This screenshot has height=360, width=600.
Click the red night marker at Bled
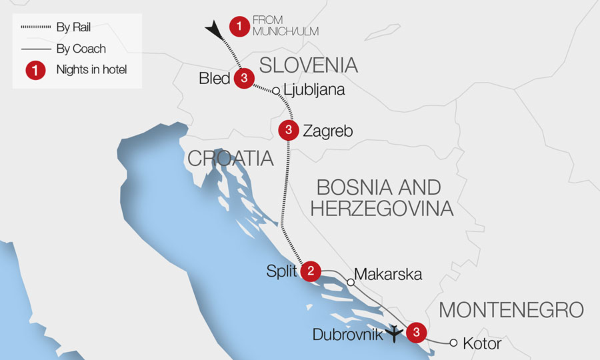pos(244,79)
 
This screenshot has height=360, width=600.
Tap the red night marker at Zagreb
pos(288,130)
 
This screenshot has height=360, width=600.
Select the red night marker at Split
pos(310,271)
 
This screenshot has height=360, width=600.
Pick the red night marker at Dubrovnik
pos(416,331)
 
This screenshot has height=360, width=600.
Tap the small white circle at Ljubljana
pos(275,91)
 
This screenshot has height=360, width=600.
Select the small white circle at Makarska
pos(351,282)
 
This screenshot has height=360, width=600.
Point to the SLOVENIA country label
pos(308,65)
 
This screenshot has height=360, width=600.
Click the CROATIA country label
pos(231,158)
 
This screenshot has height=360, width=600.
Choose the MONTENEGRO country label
pos(511,309)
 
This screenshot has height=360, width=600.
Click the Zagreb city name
pos(327,131)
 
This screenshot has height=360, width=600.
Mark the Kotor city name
pos(481,343)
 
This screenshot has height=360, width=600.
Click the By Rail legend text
pos(74,28)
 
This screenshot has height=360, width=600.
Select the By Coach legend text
pos(81,49)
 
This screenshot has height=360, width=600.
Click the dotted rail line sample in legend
pos(36,28)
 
